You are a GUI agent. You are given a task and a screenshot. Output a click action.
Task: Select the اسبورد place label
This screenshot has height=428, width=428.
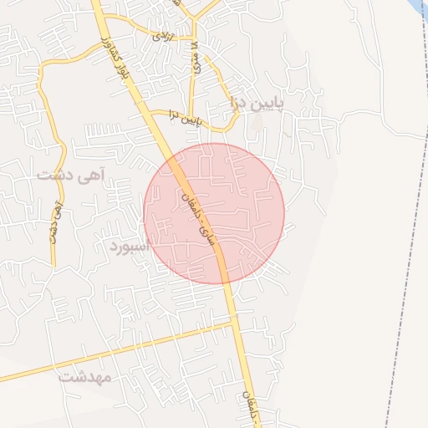[130, 246]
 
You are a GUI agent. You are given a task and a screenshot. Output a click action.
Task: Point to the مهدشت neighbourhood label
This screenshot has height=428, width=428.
[85, 377]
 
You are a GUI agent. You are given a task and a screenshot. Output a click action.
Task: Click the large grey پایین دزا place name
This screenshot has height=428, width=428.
[257, 104]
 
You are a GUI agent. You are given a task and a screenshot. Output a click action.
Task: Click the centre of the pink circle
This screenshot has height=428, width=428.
[214, 213]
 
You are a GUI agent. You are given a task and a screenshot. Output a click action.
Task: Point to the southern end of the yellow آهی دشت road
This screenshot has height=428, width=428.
[52, 266]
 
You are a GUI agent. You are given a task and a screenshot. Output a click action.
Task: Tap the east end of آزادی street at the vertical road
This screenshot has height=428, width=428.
[193, 42]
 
